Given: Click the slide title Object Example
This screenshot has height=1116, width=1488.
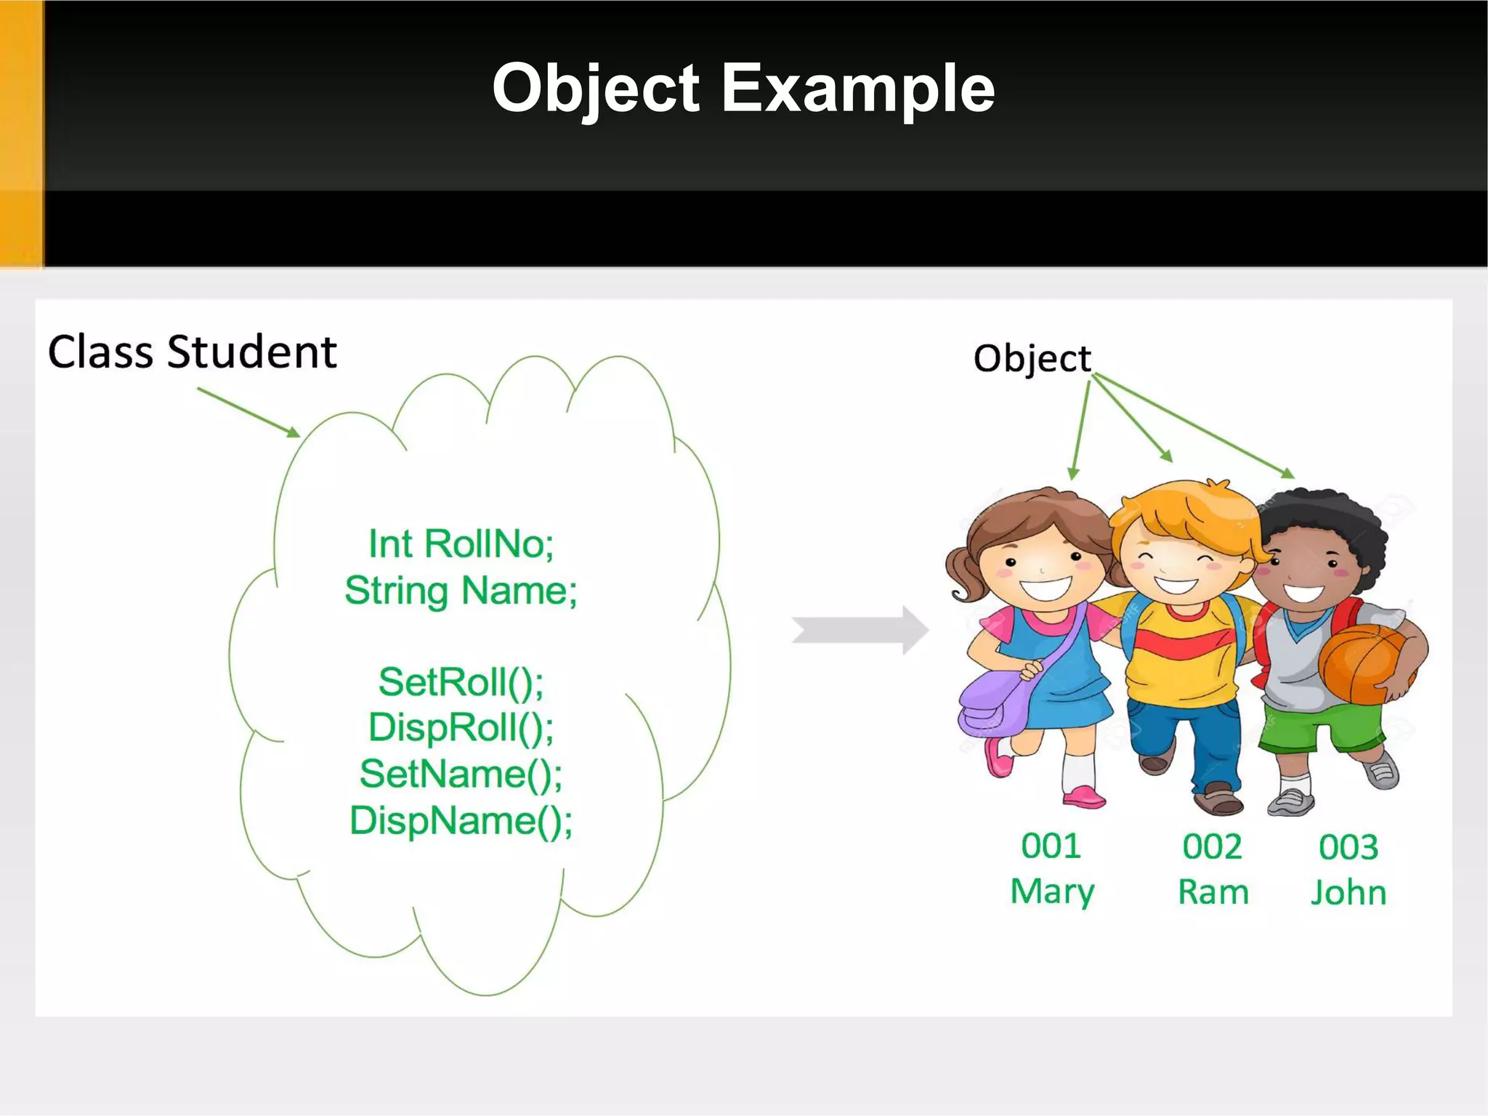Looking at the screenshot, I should (x=743, y=89).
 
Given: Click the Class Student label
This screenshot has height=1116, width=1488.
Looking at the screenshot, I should (x=193, y=353).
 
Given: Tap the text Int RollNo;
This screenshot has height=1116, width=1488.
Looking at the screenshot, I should (x=461, y=544).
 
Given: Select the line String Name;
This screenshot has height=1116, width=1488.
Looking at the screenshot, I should (x=461, y=591).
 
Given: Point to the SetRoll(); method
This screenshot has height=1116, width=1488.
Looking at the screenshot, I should (x=461, y=682).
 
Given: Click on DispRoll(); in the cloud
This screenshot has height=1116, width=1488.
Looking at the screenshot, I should (x=461, y=728).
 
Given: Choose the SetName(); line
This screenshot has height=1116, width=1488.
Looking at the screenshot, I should (x=461, y=774).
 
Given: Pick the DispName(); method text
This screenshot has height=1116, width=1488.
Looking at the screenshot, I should (x=461, y=821).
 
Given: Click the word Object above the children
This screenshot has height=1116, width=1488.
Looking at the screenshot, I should (x=1032, y=359).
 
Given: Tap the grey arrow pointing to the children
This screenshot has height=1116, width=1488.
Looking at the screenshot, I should (x=860, y=630).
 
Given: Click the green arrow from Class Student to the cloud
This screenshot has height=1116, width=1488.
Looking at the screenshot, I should (x=248, y=412).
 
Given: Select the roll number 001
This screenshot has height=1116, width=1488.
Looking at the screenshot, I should (x=1051, y=846).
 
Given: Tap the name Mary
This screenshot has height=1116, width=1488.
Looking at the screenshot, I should (x=1052, y=892).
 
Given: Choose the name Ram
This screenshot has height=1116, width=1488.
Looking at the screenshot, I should (x=1213, y=892).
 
